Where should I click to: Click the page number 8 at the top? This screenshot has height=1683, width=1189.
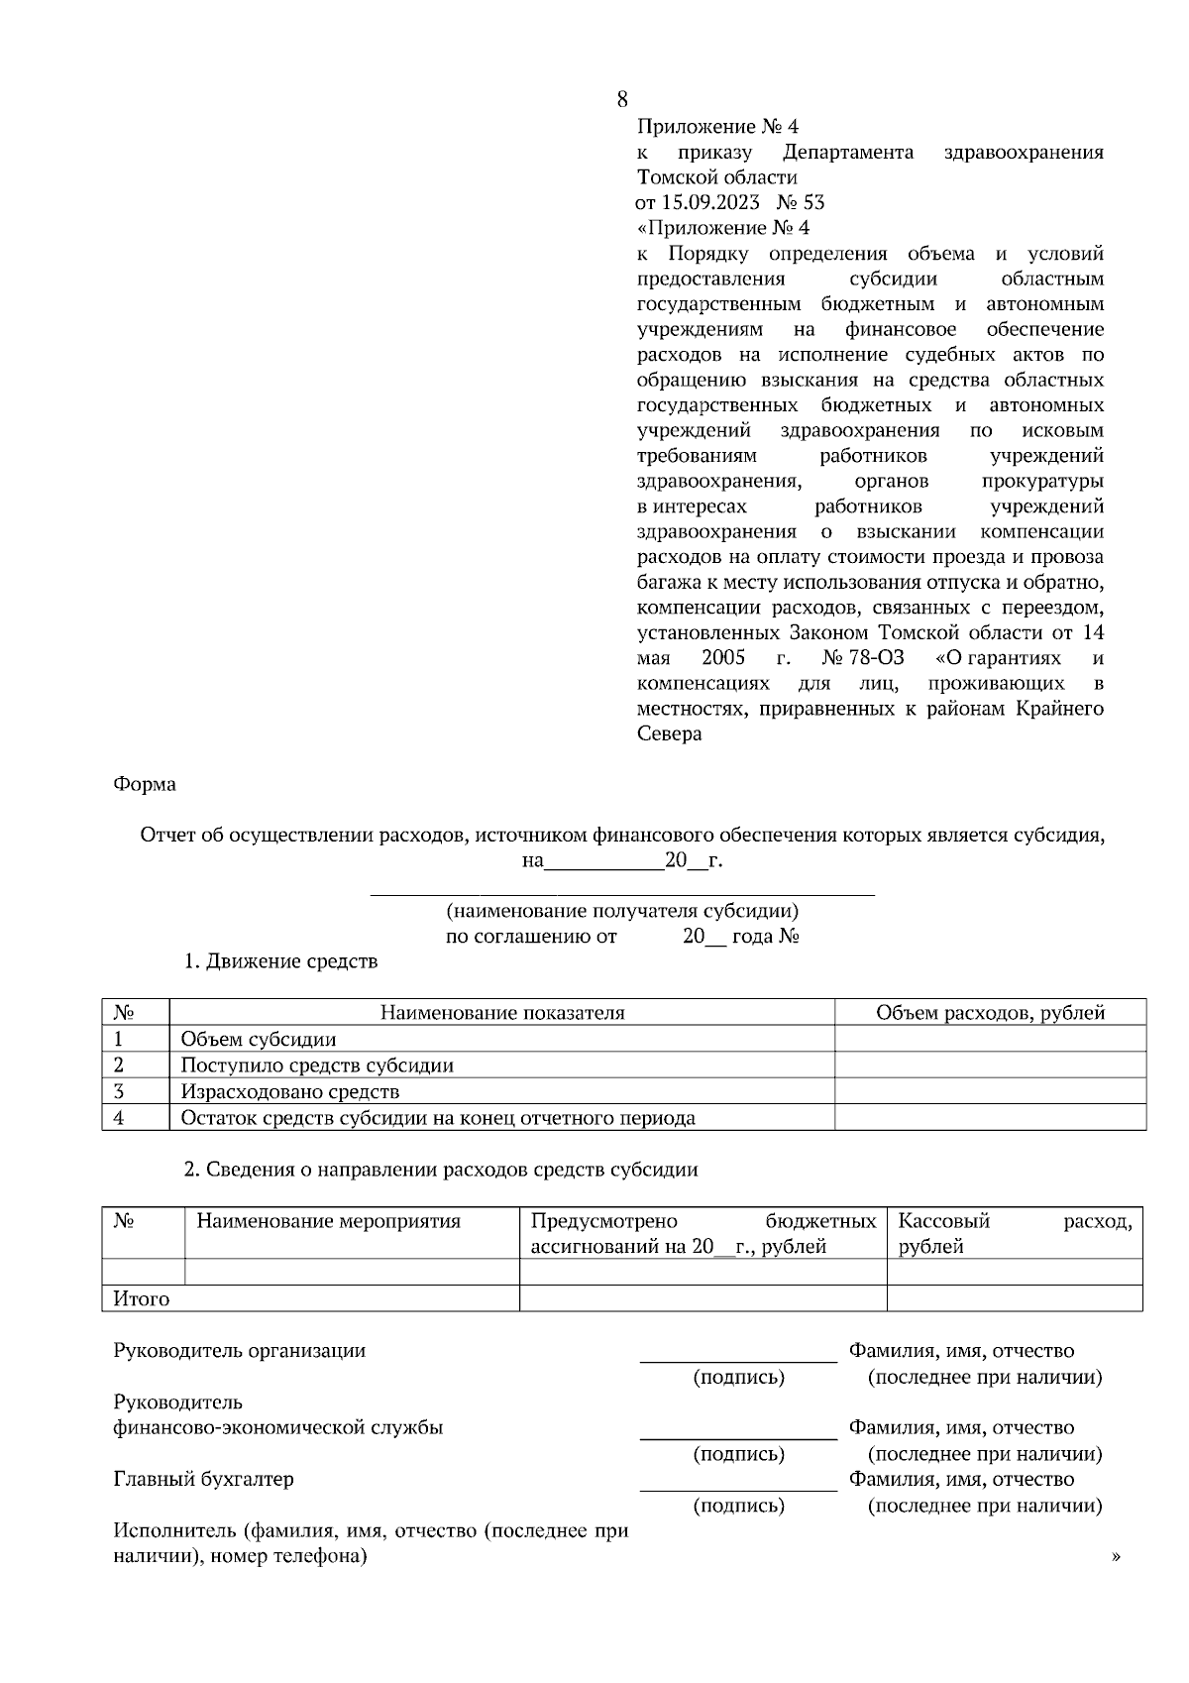point(621,99)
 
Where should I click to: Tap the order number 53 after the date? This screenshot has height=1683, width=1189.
point(813,203)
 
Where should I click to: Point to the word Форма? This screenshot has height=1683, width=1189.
point(145,784)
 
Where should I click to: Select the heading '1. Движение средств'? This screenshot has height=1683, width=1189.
point(281,961)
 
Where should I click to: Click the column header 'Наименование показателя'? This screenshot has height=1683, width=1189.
point(502,1012)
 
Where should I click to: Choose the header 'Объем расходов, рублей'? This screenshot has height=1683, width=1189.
point(990,1012)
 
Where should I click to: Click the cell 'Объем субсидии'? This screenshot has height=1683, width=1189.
point(259,1039)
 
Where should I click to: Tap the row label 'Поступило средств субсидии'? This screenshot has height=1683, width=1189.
point(317,1066)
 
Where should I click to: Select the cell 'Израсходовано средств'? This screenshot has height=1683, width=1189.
point(290,1091)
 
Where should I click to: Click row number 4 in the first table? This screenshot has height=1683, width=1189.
point(119,1118)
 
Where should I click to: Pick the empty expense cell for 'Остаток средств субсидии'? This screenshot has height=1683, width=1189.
point(990,1118)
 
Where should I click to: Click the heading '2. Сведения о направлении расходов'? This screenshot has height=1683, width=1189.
point(441,1170)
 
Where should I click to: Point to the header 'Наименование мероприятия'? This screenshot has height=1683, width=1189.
point(329,1221)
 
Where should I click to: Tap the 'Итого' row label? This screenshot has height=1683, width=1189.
point(142,1298)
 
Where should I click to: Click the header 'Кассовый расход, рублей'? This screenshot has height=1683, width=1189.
point(1014,1233)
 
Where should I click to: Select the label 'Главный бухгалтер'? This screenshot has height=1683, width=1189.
point(204,1479)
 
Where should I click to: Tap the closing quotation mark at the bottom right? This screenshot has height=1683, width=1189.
point(1117,1558)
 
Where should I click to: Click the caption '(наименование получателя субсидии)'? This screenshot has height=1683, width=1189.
point(622,910)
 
